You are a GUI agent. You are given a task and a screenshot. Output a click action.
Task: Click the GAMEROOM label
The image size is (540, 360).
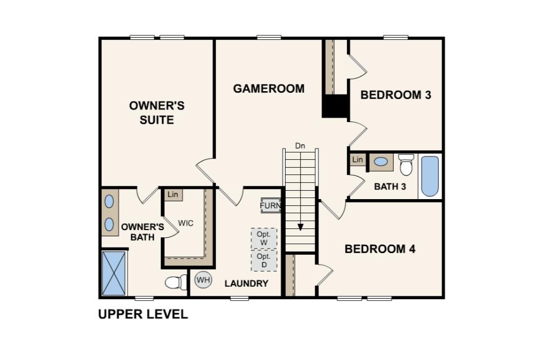point(269,88)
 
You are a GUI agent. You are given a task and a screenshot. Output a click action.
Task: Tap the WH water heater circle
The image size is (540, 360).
point(203,280)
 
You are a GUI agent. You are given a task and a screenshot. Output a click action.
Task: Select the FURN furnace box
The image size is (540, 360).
point(271,206)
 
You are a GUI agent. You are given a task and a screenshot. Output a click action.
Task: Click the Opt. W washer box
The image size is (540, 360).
point(264,238)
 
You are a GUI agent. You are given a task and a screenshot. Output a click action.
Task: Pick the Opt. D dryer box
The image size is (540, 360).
point(264,260)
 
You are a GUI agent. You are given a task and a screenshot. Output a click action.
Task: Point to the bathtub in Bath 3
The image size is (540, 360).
point(430,177)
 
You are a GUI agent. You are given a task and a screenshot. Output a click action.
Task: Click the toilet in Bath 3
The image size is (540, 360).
point(406,165)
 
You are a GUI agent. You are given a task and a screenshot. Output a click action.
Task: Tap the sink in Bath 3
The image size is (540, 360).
point(381,162)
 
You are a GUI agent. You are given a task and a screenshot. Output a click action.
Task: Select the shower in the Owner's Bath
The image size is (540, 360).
point(114,273)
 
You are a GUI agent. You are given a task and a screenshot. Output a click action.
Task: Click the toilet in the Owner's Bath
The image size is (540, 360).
point(176,282)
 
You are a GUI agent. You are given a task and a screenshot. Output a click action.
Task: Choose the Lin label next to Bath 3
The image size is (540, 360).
point(358,160)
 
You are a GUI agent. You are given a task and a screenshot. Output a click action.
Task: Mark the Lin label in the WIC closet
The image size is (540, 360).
point(173,195)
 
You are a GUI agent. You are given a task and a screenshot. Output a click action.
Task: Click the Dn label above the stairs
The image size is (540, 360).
point(300,146)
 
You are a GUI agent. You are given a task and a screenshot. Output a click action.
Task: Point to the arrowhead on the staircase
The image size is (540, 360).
point(300,227)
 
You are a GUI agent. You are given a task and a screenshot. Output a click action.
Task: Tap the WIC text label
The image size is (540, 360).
point(186,223)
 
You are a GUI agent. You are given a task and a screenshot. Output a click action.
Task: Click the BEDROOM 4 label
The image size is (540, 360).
point(380,249)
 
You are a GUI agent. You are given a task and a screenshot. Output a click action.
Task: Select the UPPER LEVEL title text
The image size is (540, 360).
point(143,314)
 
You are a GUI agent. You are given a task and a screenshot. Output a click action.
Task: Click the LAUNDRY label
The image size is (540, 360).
point(246,283)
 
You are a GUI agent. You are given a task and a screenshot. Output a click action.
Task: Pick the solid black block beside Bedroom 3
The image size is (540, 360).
point(335,106)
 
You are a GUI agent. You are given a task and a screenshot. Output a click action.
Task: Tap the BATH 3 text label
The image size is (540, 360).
point(390,187)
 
